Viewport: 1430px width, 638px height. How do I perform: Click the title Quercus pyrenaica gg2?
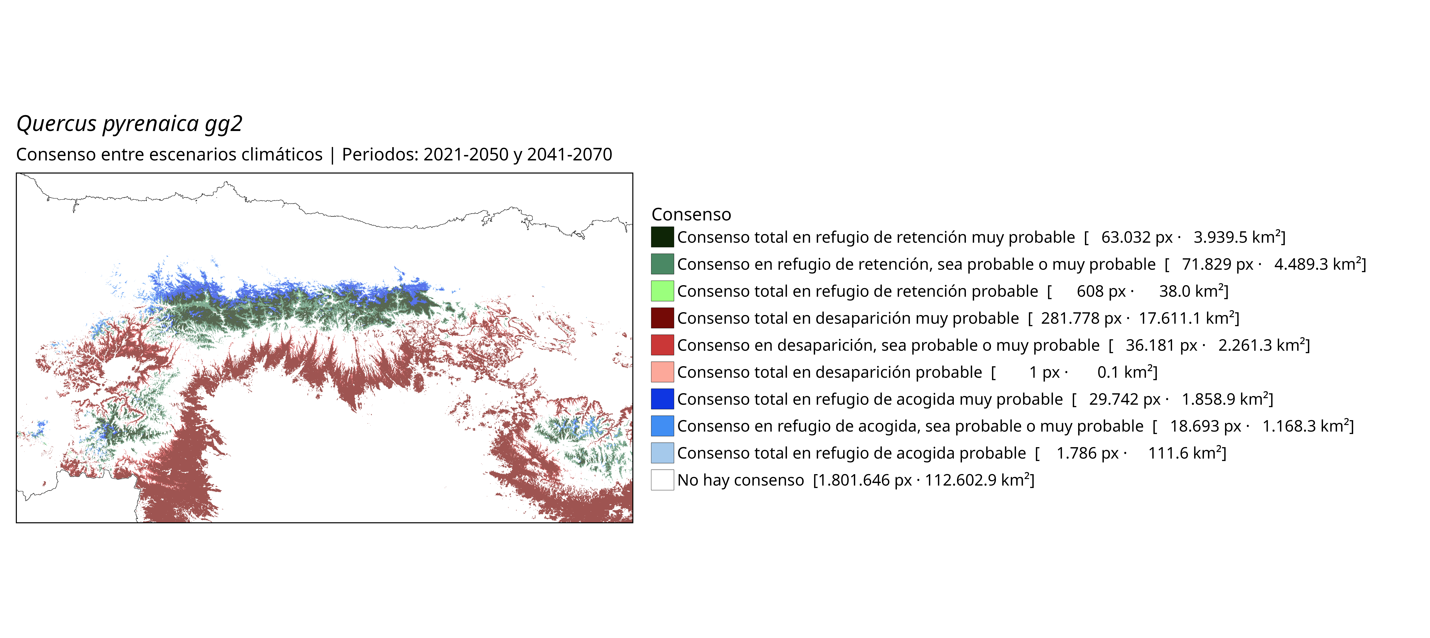(x=129, y=123)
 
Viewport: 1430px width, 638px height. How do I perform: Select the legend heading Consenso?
(x=691, y=214)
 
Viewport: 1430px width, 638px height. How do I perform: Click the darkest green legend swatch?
(x=662, y=237)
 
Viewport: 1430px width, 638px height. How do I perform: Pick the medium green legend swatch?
(x=662, y=264)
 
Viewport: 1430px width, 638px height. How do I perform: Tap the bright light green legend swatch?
(x=662, y=291)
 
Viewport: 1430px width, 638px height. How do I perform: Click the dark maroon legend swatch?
(x=662, y=318)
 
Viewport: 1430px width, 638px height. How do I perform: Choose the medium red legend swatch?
(x=662, y=345)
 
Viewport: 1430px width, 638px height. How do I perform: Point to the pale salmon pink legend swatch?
(x=662, y=372)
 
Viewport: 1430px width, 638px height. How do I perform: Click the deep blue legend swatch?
(x=662, y=399)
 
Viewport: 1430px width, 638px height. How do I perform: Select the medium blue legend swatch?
(x=662, y=426)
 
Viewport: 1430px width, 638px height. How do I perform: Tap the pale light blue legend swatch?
(x=662, y=453)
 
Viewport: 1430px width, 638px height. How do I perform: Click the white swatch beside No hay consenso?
(x=662, y=480)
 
